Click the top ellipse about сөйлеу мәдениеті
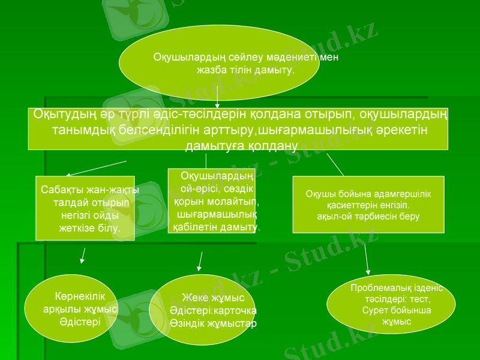[219, 63]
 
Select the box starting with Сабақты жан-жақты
[85, 208]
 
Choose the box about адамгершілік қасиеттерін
[368, 204]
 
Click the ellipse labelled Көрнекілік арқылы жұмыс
[71, 309]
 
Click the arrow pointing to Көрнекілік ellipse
[83, 256]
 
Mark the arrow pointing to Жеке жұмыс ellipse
[200, 260]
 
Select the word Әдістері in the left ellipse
[80, 321]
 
